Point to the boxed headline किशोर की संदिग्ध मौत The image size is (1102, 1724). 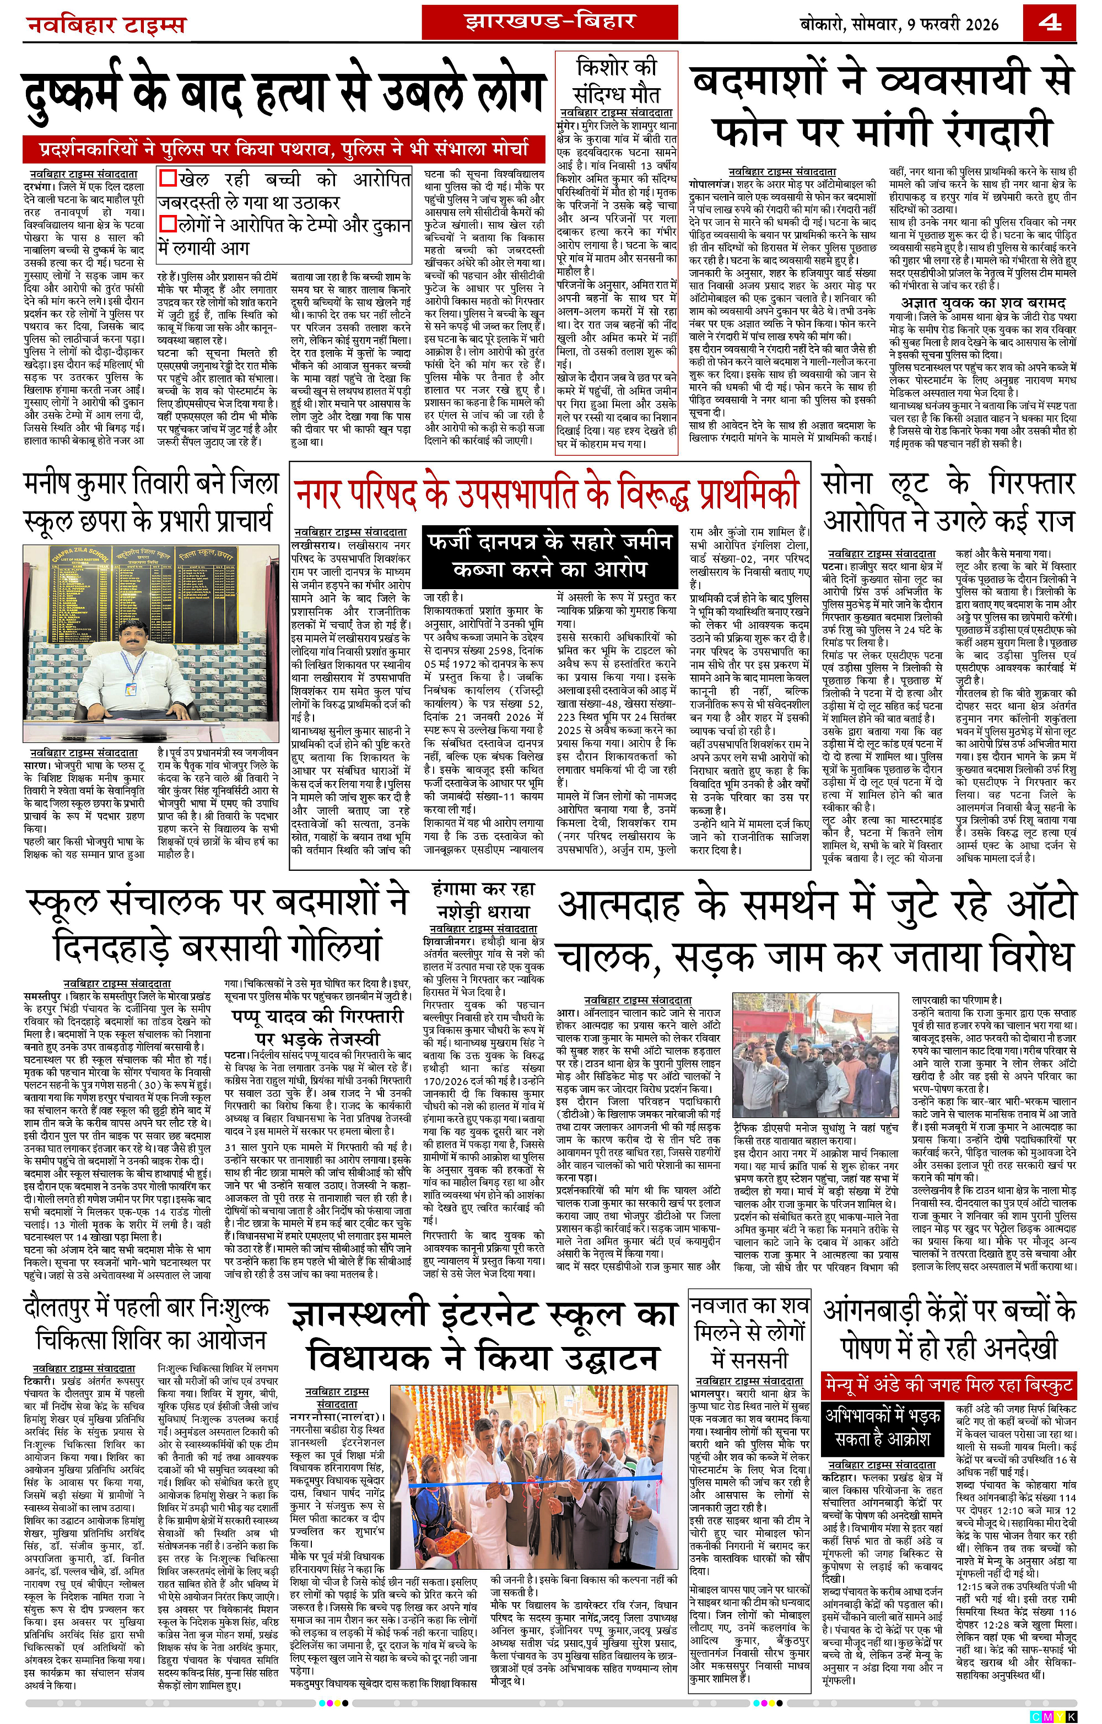(616, 81)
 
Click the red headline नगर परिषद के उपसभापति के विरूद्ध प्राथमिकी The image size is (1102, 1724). (547, 493)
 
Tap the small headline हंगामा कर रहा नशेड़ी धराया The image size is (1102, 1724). (484, 901)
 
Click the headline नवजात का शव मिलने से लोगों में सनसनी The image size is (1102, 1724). (749, 1333)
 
